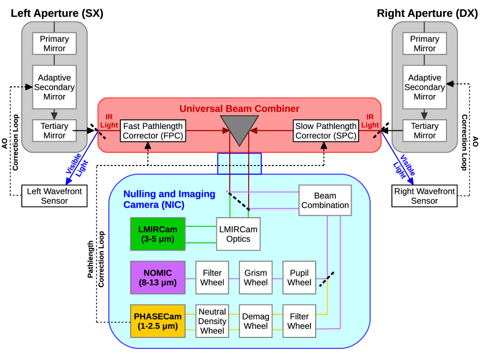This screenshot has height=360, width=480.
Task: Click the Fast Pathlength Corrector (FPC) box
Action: (x=153, y=131)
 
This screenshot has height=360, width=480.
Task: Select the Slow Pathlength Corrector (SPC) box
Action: (x=326, y=131)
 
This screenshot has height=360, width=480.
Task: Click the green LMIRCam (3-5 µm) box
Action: (x=158, y=234)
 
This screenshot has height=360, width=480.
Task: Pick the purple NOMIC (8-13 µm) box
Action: (x=158, y=278)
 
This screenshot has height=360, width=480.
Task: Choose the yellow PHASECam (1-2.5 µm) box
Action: (x=158, y=321)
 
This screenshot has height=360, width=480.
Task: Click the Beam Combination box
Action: (x=325, y=200)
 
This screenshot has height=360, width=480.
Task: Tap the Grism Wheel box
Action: (x=256, y=278)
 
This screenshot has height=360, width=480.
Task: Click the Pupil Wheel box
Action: (x=299, y=278)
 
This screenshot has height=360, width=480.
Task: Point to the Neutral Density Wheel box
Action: (x=212, y=321)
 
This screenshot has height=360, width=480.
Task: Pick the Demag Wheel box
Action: (x=256, y=321)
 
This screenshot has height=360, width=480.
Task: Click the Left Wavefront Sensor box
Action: (x=54, y=196)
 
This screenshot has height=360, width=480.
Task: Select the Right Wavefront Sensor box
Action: (x=424, y=196)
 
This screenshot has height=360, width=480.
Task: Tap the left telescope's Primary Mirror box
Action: (x=54, y=43)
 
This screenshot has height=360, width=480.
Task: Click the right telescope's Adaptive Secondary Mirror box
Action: (x=424, y=87)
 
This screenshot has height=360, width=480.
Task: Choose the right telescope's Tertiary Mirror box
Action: (x=424, y=131)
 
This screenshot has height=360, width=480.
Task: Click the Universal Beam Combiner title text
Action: (x=239, y=109)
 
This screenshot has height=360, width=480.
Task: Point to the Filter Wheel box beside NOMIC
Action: (x=212, y=278)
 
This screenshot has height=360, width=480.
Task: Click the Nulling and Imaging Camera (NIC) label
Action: (x=169, y=199)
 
